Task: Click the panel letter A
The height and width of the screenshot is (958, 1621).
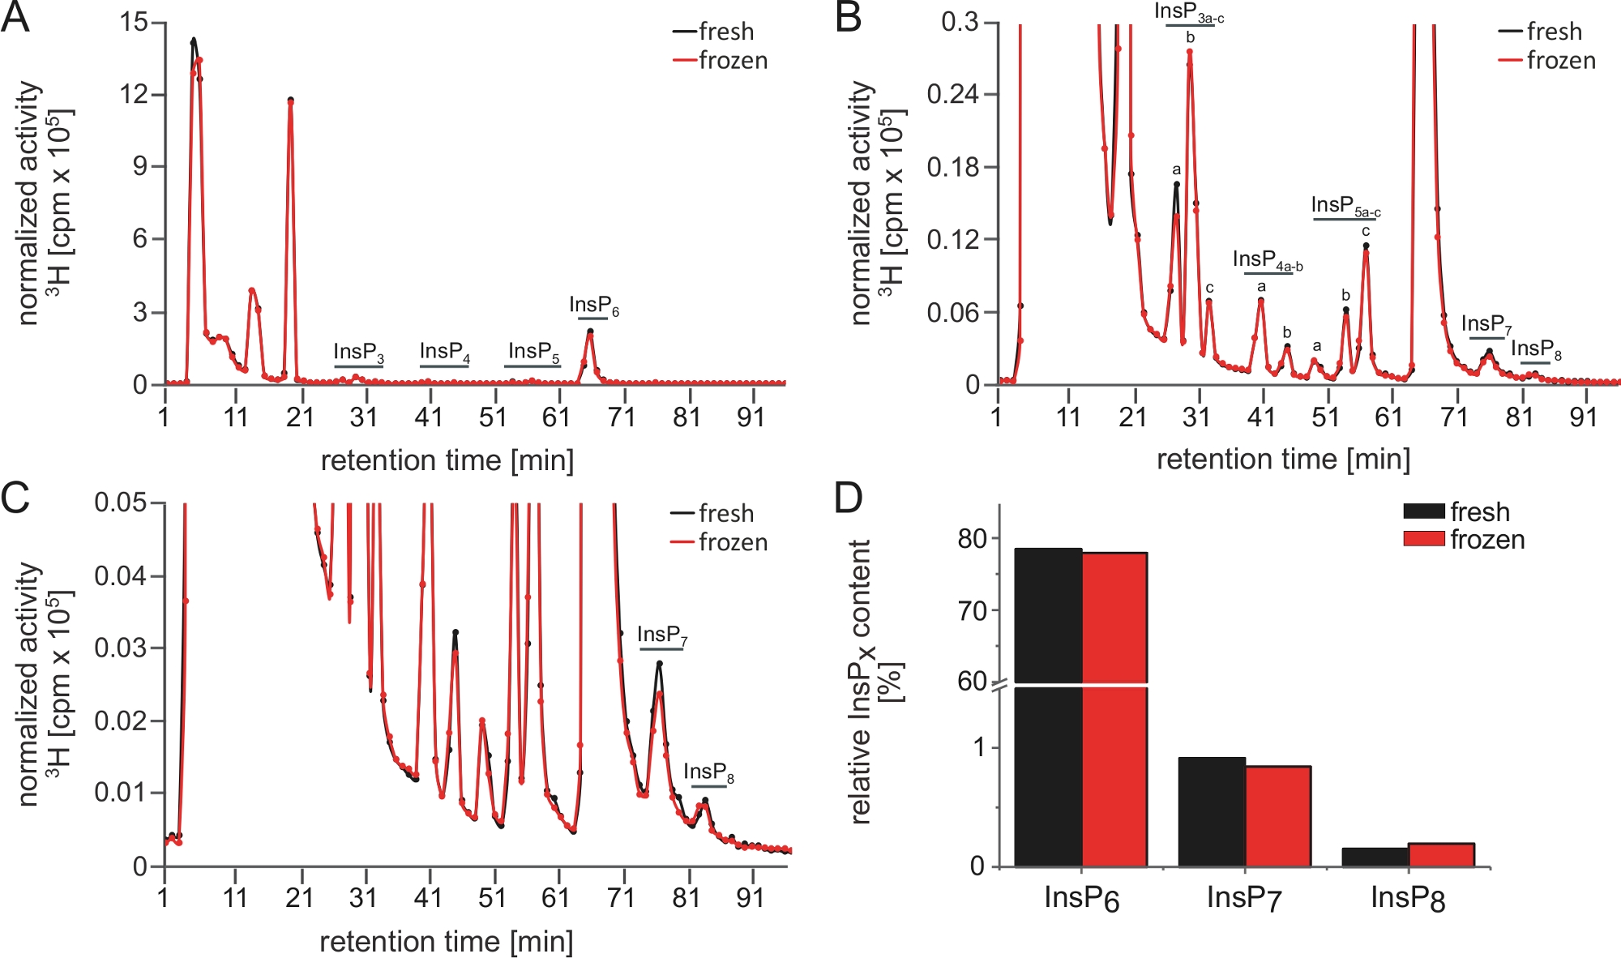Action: [x=15, y=18]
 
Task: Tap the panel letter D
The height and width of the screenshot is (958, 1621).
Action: [x=849, y=498]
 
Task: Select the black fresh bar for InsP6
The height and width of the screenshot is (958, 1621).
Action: [x=1048, y=705]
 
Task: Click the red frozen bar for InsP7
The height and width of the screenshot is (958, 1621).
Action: [x=1277, y=815]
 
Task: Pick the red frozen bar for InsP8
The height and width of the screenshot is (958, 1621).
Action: [x=1441, y=855]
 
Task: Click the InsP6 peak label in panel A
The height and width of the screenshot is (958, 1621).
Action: [x=593, y=306]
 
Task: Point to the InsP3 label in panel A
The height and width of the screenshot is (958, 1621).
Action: [x=358, y=353]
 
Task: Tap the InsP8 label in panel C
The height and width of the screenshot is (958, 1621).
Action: [x=708, y=772]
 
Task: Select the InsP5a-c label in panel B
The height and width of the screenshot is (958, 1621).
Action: [x=1345, y=206]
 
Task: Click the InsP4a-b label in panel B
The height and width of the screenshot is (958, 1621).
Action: [x=1268, y=260]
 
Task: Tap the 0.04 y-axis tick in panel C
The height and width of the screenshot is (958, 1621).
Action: [x=120, y=576]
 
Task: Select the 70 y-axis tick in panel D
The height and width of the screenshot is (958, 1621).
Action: [x=972, y=611]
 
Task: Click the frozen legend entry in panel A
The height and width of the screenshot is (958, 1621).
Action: [x=733, y=61]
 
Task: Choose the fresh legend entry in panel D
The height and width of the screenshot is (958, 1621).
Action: [x=1479, y=512]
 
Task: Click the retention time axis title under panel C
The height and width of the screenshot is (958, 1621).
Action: [x=446, y=941]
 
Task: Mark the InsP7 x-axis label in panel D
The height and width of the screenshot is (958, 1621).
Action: [x=1244, y=898]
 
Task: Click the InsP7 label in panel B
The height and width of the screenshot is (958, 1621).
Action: [x=1486, y=325]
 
